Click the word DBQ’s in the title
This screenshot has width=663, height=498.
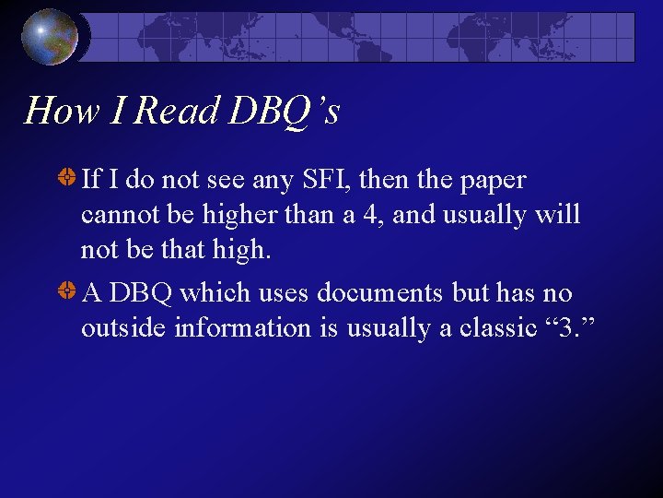pos(285,112)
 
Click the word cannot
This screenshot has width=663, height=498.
pos(113,215)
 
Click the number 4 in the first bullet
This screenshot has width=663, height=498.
pos(375,215)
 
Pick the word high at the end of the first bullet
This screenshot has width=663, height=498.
pos(241,250)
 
